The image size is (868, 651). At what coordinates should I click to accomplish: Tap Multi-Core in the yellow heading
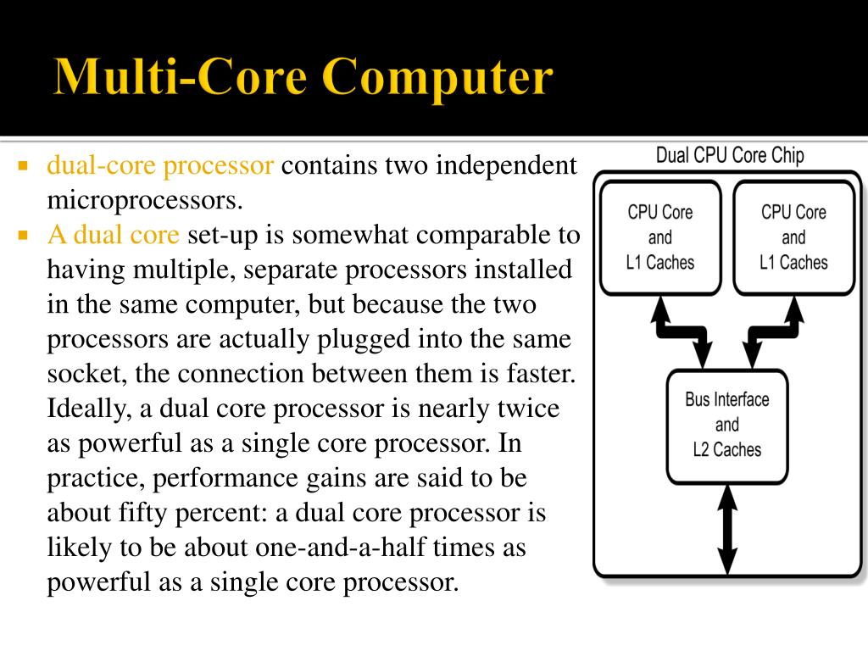[181, 78]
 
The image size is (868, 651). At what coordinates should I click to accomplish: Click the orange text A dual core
[113, 234]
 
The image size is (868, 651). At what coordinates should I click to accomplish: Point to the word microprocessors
[144, 200]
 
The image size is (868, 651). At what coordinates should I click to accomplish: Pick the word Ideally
[87, 409]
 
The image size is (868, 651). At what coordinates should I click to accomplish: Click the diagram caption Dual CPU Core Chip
[730, 156]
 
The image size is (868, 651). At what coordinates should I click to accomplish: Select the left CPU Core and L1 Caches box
[659, 237]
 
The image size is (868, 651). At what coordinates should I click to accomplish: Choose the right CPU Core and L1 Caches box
[793, 237]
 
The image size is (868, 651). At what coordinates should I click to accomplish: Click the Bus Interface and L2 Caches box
[726, 425]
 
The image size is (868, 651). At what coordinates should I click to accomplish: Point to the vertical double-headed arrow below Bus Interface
[726, 526]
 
